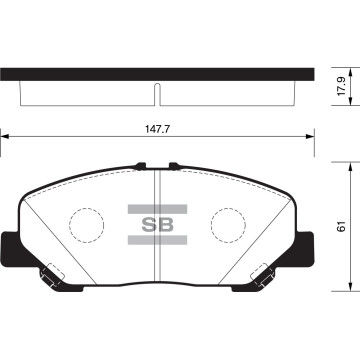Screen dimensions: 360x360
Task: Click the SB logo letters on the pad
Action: [159, 224]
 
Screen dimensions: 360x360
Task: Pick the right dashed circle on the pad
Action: [228, 223]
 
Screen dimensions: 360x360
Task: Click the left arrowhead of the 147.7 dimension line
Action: [5, 138]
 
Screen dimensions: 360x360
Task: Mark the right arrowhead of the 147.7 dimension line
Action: [312, 138]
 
